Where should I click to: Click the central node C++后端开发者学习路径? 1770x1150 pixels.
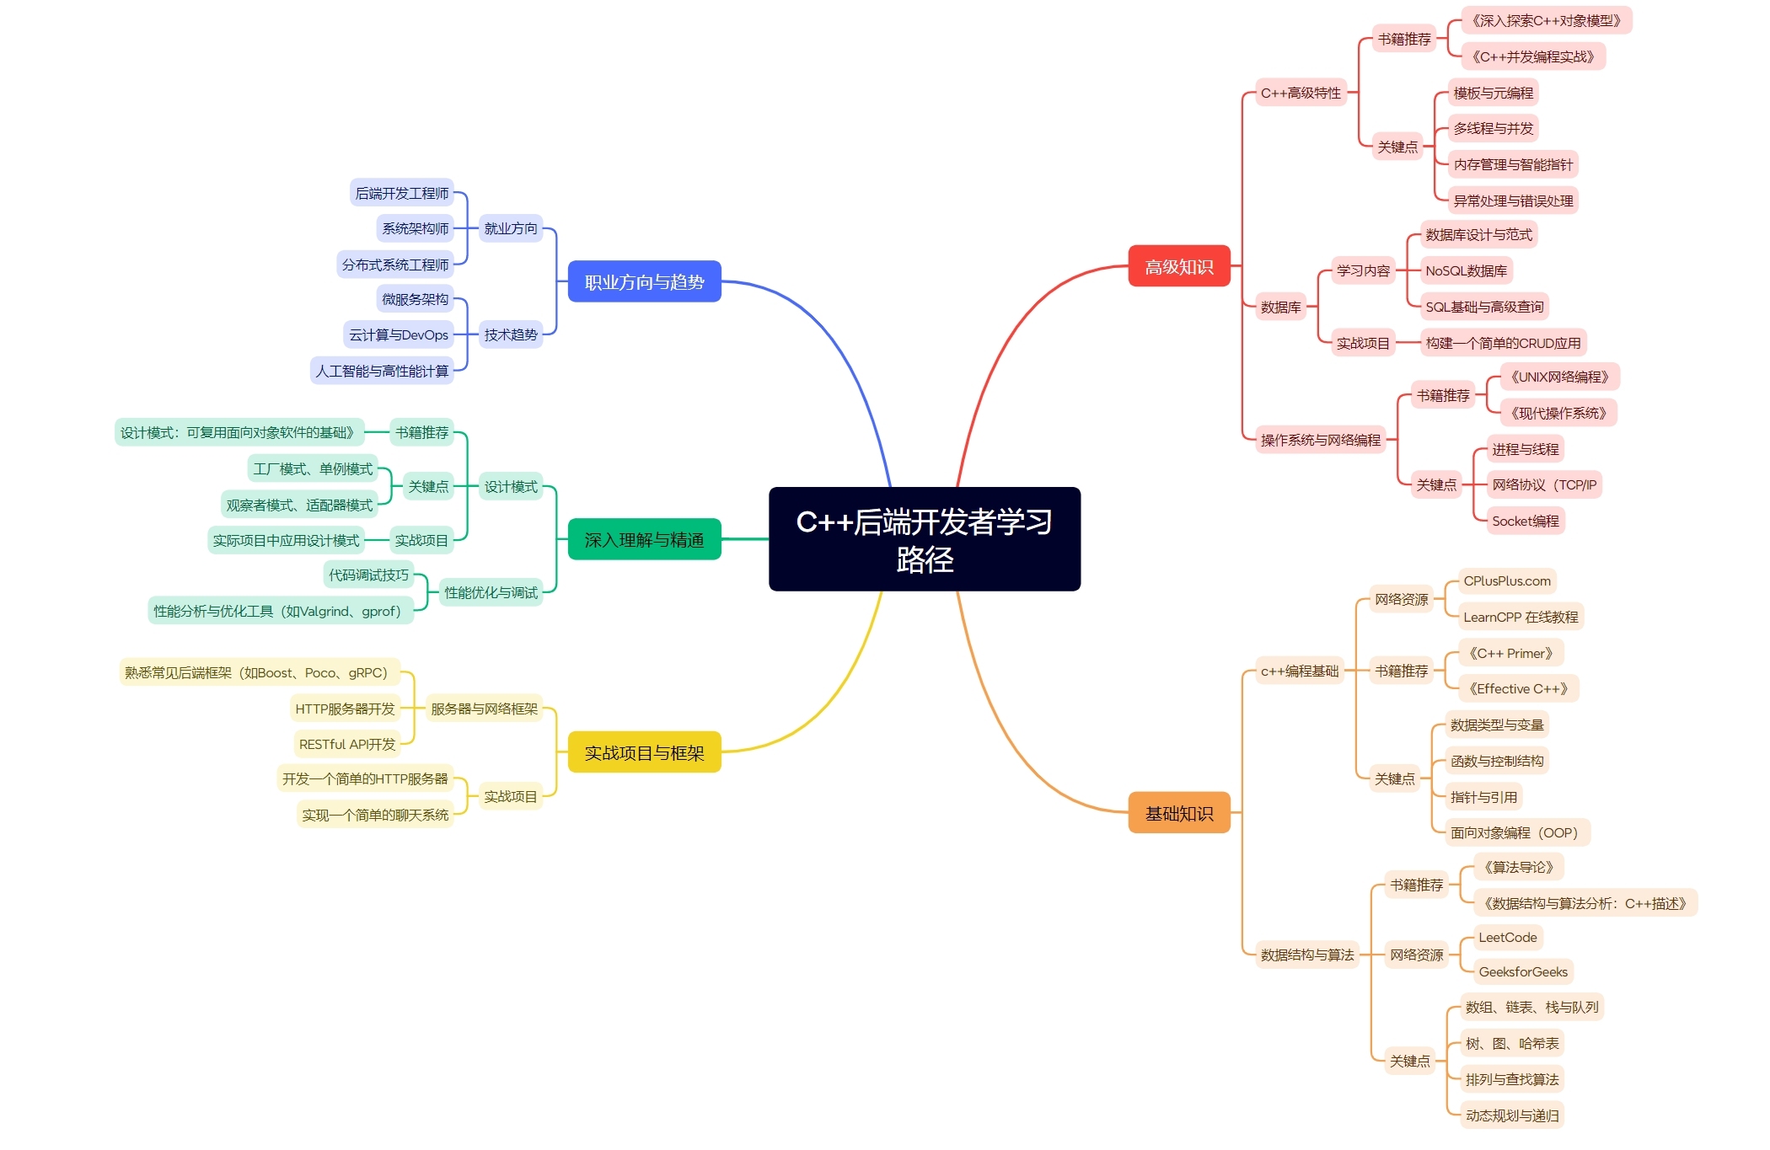[924, 539]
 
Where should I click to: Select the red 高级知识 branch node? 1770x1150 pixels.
[1179, 266]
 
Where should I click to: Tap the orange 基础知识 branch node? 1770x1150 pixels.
[1179, 813]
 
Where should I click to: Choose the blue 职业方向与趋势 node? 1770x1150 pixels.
[644, 281]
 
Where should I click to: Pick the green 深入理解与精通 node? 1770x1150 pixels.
[644, 539]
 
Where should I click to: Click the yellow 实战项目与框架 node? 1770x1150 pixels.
[644, 752]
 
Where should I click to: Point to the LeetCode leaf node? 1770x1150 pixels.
[1508, 937]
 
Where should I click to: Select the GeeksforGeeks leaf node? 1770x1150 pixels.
[1523, 971]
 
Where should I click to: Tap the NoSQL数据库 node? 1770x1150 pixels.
[1466, 270]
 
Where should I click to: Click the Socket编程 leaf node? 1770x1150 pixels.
[1525, 521]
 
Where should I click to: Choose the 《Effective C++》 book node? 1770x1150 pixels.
[1519, 688]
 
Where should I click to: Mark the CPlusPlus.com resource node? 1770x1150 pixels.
[1507, 580]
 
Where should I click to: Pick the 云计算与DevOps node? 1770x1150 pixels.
[399, 334]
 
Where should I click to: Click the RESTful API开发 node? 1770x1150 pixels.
[347, 744]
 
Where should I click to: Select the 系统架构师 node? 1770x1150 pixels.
[416, 228]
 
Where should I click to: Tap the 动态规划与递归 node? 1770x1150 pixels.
[1512, 1115]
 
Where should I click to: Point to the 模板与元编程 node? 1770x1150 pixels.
[1494, 93]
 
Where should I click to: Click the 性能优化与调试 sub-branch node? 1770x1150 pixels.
[491, 592]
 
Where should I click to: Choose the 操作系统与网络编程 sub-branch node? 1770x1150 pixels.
[1321, 440]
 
